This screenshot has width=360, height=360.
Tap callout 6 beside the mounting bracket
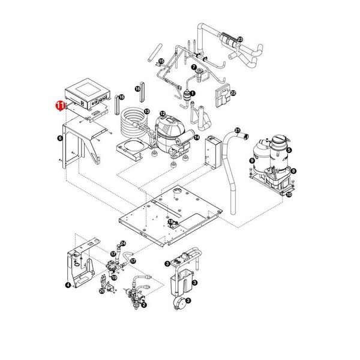tap(59, 137)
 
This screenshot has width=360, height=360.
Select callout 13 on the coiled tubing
tap(146, 112)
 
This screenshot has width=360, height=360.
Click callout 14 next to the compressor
tap(196, 137)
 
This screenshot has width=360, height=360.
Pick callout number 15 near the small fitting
tap(161, 62)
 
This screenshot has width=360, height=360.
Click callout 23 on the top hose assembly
tap(240, 39)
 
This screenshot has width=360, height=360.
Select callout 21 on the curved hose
tap(237, 130)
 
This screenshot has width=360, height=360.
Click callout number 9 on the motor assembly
tap(251, 160)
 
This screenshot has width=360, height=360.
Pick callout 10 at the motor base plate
tap(289, 194)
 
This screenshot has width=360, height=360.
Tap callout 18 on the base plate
tap(170, 222)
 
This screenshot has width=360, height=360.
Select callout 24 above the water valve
tap(124, 243)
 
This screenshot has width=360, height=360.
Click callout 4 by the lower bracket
tap(68, 284)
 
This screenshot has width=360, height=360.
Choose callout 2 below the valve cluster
tap(144, 305)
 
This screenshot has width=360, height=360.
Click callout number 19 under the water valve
tap(113, 278)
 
